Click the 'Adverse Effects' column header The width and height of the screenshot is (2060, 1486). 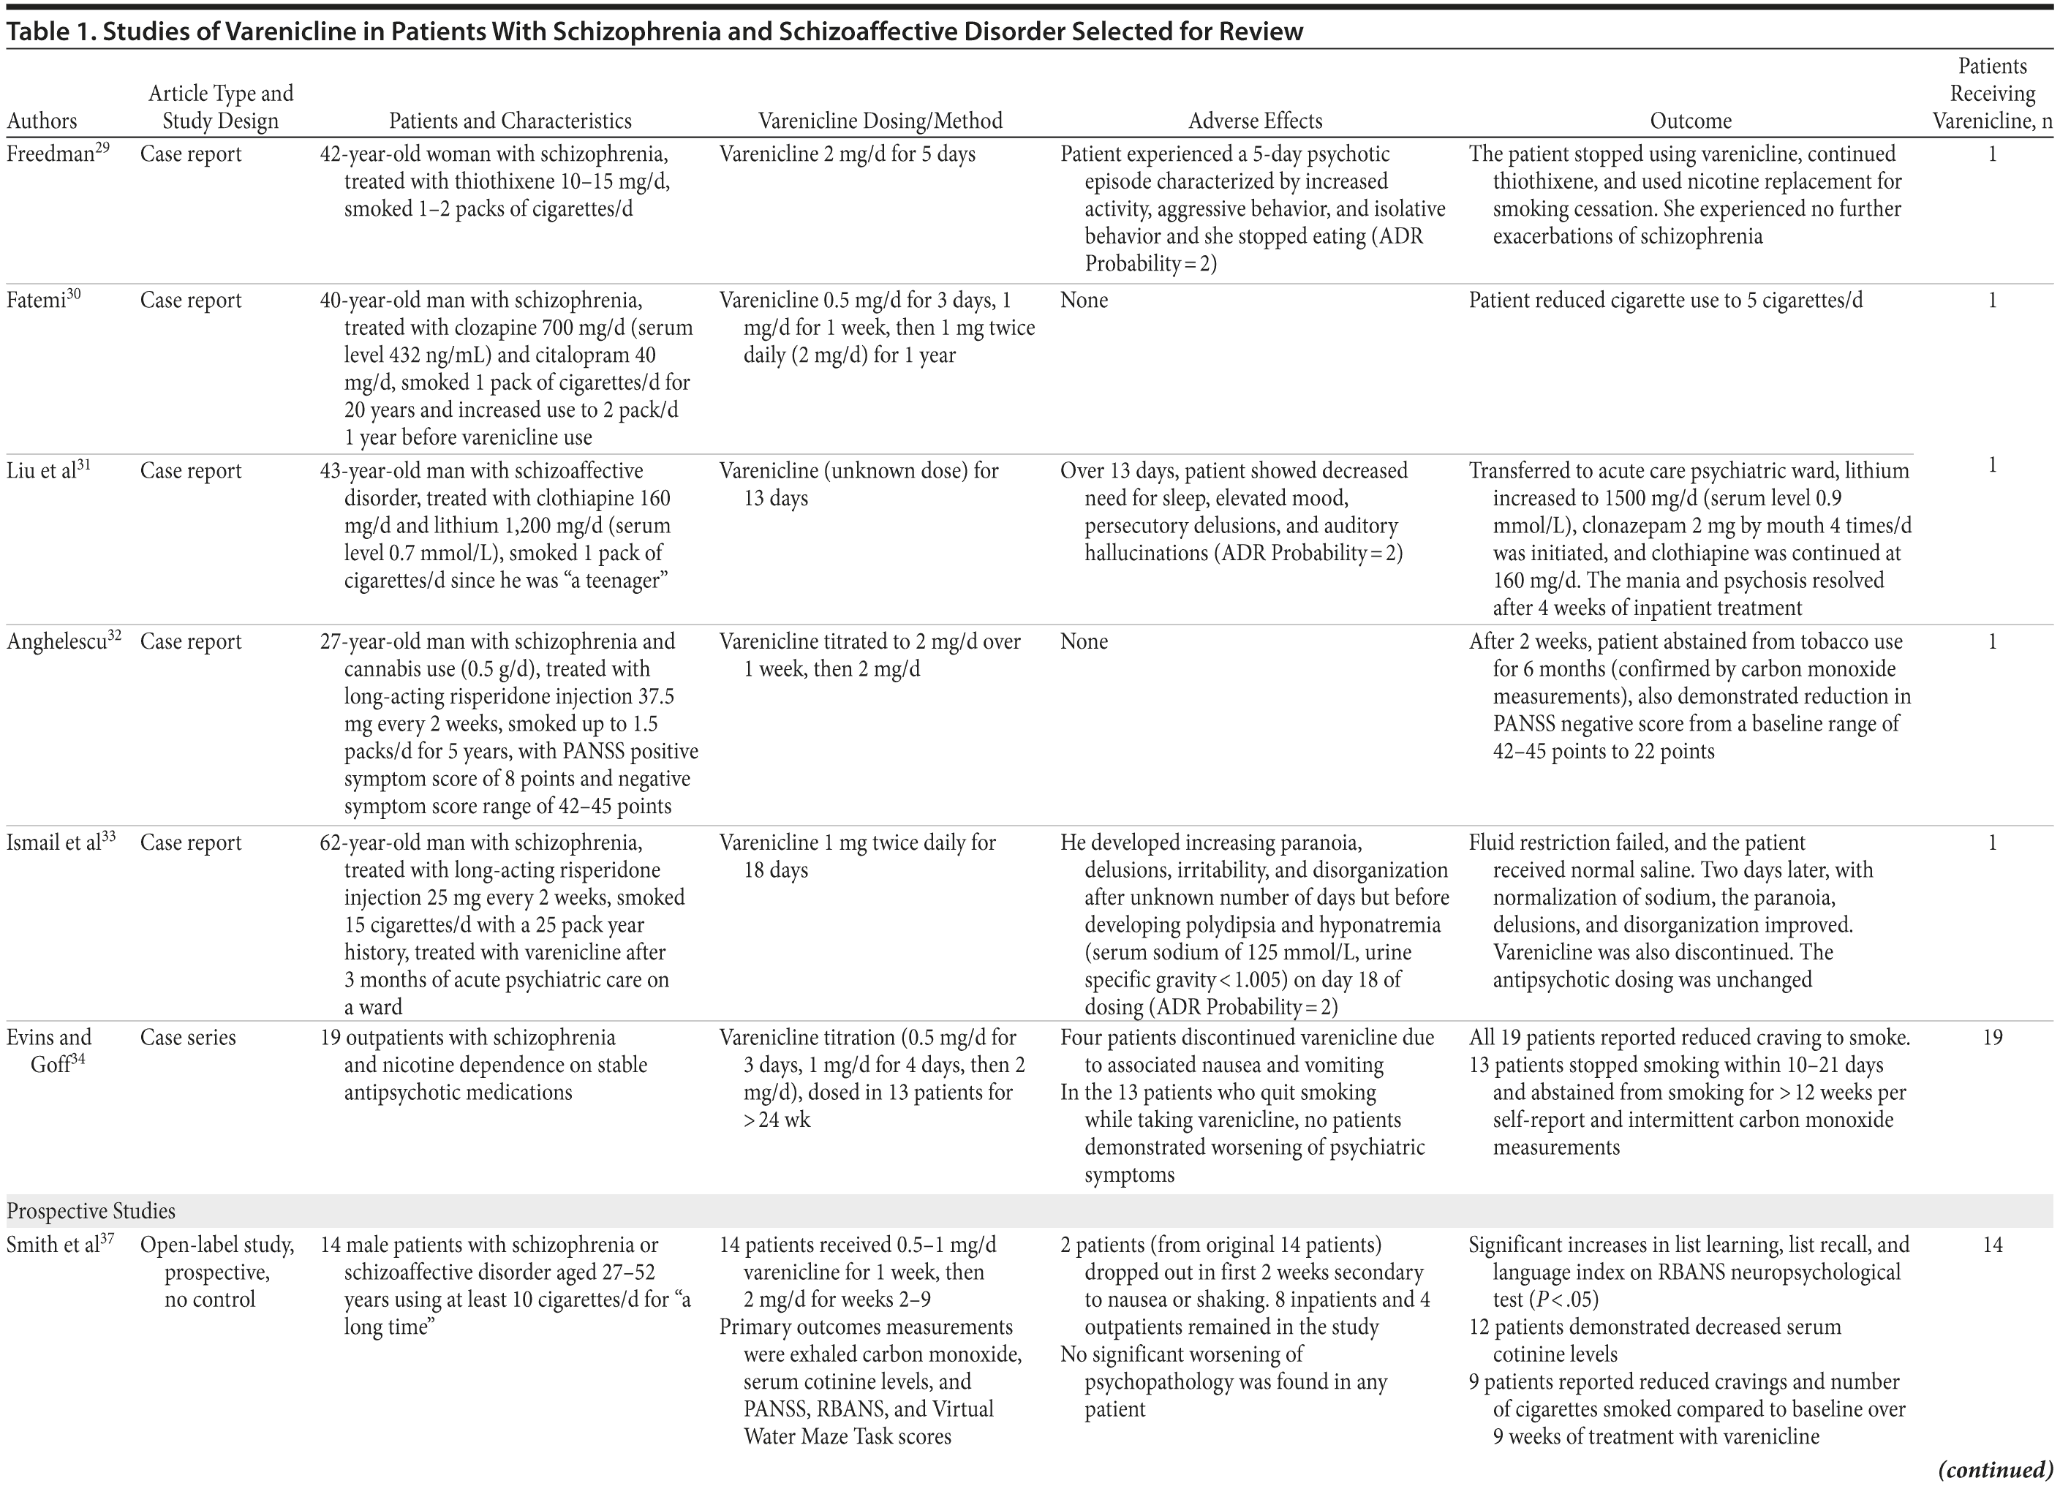tap(1256, 121)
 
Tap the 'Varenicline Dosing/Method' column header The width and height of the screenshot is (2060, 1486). tap(880, 121)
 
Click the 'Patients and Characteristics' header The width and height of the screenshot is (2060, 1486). tap(510, 121)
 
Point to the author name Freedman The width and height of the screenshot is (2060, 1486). tap(51, 154)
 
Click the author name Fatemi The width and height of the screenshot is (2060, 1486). tap(37, 301)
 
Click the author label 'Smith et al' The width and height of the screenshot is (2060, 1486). tap(53, 1245)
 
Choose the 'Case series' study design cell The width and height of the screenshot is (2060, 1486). tap(187, 1037)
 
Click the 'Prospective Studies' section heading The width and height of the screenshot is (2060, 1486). tap(91, 1211)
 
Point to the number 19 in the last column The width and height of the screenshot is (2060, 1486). tap(1992, 1037)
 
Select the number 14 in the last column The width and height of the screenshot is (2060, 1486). tap(1992, 1245)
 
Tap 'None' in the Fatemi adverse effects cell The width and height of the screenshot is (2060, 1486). tap(1084, 301)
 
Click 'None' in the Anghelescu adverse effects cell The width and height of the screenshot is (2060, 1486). tap(1084, 642)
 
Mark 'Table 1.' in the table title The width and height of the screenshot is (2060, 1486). tap(49, 31)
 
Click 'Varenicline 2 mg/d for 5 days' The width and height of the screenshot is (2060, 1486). tap(847, 154)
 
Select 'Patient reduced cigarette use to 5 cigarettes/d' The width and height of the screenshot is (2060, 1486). tap(1665, 301)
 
